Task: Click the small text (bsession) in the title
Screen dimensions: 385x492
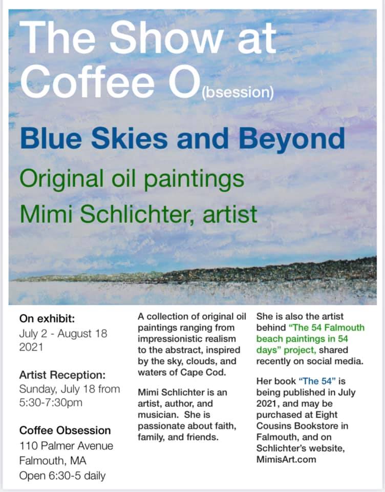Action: click(x=238, y=93)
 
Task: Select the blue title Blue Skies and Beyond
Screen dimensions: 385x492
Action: click(x=182, y=139)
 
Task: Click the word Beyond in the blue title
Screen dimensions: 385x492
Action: click(x=292, y=139)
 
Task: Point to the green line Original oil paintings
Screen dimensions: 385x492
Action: click(x=132, y=179)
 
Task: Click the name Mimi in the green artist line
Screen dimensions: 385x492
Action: click(x=46, y=214)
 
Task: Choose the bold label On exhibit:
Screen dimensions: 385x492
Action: click(x=47, y=319)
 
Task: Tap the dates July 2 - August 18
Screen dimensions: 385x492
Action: click(x=63, y=333)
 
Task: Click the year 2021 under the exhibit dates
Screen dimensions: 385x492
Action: click(x=31, y=347)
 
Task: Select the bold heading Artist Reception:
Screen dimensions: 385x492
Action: click(x=62, y=375)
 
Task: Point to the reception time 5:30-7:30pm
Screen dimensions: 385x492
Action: click(x=51, y=403)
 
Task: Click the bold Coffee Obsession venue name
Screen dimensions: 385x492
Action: click(x=65, y=430)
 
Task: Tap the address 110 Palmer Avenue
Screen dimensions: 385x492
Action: click(x=66, y=445)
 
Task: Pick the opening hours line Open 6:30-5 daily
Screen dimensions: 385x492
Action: click(x=62, y=476)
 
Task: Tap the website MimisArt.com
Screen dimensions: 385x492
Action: click(x=286, y=459)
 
